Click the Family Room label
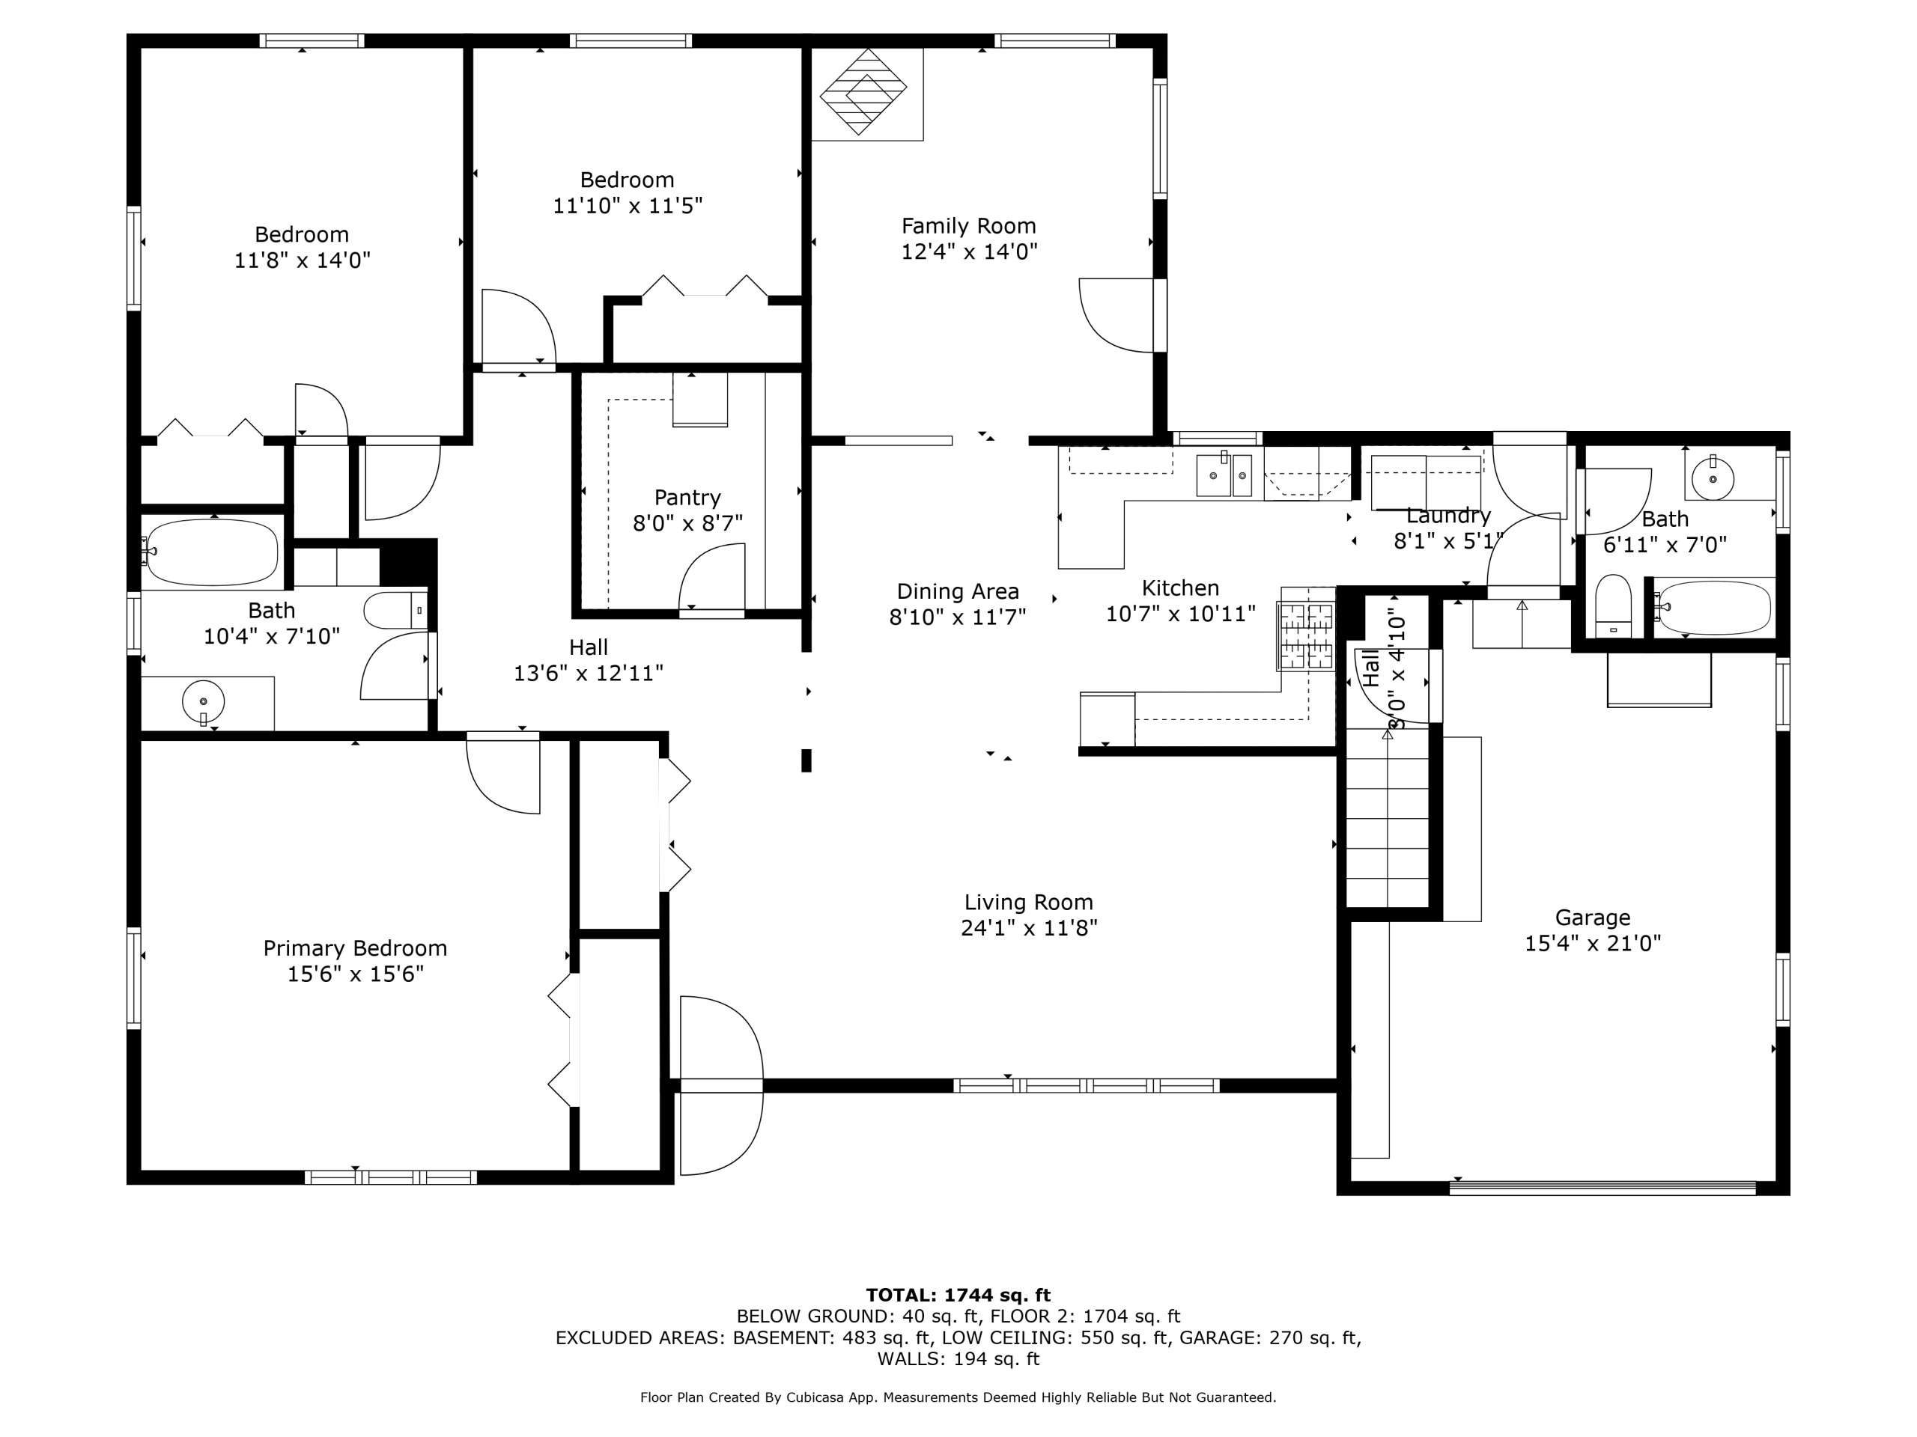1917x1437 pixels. [x=969, y=226]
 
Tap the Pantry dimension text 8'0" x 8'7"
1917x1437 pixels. [x=688, y=523]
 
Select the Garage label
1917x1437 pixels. [x=1593, y=918]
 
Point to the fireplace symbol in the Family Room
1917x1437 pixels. [x=863, y=92]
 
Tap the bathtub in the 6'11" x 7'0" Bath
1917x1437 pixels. [x=1713, y=607]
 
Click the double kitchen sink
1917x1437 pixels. [x=1224, y=475]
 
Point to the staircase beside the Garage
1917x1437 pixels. [x=1387, y=819]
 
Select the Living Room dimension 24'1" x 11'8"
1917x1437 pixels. [x=1029, y=927]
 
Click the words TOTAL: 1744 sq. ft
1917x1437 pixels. [x=958, y=1295]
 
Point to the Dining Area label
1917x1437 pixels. [x=958, y=591]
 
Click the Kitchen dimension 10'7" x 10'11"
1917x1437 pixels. [x=1180, y=614]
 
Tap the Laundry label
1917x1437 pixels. [x=1448, y=516]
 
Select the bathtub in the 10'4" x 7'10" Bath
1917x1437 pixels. [x=213, y=552]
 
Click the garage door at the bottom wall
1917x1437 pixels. [x=1602, y=1188]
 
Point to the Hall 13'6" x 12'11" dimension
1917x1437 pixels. [x=589, y=673]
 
